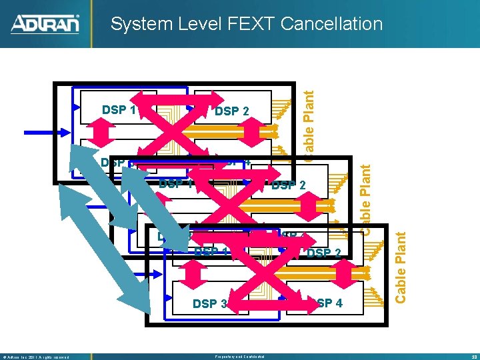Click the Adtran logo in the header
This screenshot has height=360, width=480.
[45, 25]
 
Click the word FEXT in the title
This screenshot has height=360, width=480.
[249, 25]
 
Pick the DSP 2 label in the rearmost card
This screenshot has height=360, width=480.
[231, 111]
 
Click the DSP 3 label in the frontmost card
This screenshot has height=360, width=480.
[209, 303]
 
